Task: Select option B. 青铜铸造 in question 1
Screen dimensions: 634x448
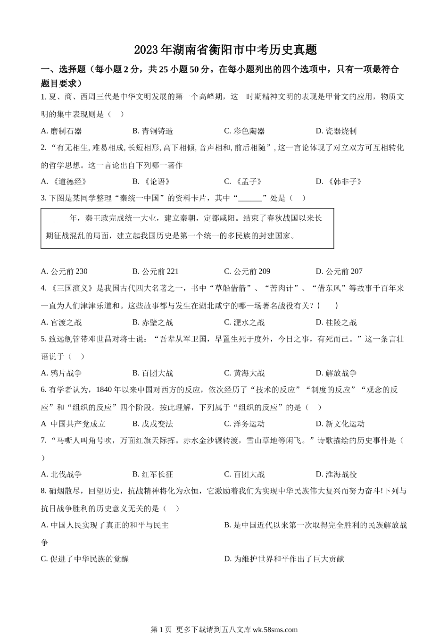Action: point(153,131)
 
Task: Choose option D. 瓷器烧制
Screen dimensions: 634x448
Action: point(336,131)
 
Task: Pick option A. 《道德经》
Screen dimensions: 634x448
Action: point(64,182)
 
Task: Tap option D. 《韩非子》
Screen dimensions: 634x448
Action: point(339,182)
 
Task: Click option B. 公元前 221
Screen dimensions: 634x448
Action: point(156,271)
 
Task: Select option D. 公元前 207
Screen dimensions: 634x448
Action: point(339,271)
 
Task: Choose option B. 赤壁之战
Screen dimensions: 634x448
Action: point(153,323)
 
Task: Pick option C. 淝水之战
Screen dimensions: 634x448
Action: point(244,323)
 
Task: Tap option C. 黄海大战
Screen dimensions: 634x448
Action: point(244,373)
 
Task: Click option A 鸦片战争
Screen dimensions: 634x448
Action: point(61,373)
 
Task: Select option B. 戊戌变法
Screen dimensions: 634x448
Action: point(153,424)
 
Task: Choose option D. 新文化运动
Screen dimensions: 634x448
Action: point(340,424)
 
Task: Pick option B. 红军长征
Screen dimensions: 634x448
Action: point(153,475)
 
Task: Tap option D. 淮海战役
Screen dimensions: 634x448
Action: point(336,475)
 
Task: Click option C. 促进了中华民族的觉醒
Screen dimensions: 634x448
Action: point(85,559)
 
